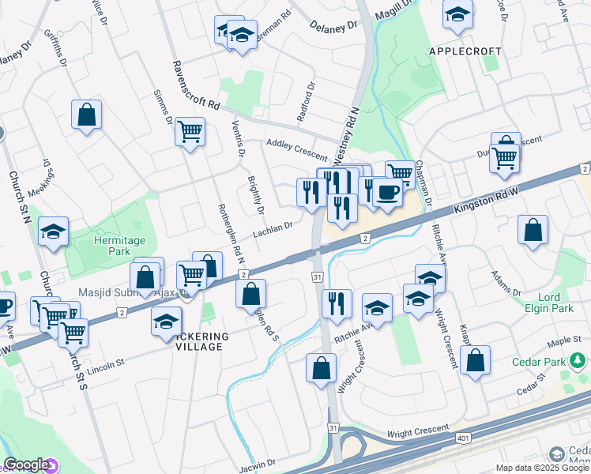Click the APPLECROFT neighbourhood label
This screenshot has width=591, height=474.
coord(465,51)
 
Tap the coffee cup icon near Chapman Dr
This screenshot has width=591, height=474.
coord(386,193)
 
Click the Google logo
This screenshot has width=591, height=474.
coord(26,465)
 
